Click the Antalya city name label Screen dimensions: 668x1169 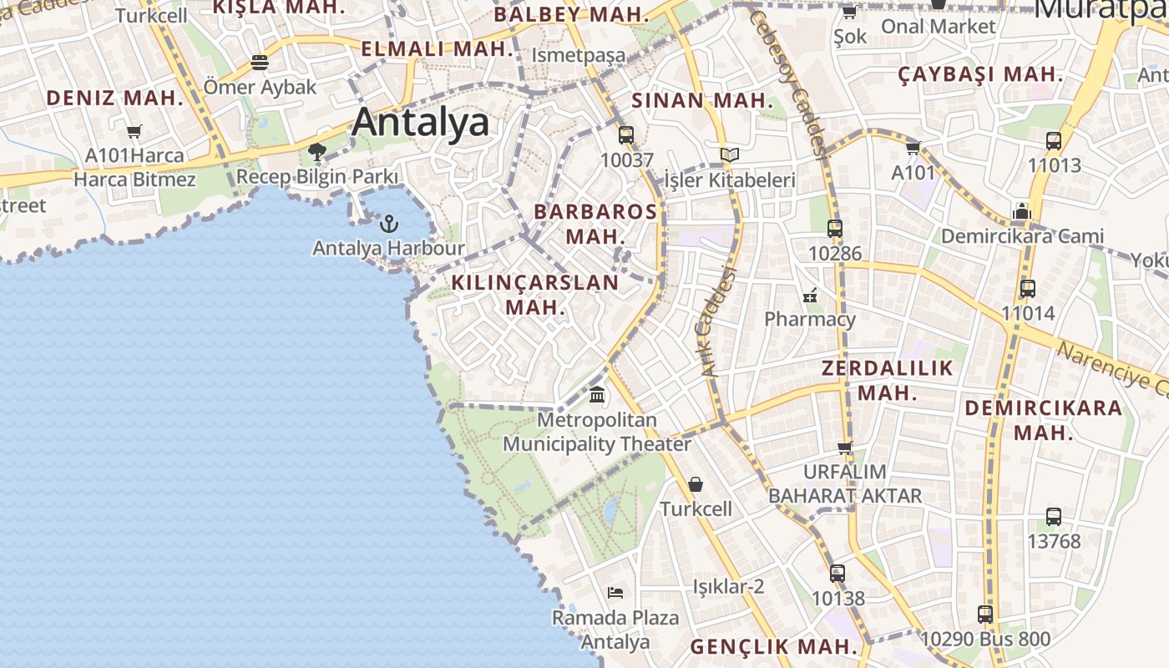point(420,122)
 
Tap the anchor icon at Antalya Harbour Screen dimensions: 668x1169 point(388,224)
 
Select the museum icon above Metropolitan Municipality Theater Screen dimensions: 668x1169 point(597,394)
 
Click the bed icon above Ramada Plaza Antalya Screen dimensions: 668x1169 point(615,593)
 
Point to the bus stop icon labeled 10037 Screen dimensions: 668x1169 point(625,135)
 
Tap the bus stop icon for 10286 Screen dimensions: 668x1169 point(834,229)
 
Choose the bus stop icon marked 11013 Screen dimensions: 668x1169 point(1054,141)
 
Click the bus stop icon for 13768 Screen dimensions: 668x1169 point(1054,517)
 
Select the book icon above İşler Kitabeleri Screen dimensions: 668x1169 point(730,155)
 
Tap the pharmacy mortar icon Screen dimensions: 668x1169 point(809,295)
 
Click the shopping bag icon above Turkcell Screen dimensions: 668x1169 point(695,484)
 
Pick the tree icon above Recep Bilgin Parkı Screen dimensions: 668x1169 point(316,152)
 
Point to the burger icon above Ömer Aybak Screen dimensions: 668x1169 point(260,63)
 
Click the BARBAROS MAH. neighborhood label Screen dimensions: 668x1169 point(595,224)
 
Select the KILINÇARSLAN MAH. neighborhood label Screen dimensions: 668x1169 point(535,295)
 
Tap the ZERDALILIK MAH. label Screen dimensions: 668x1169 point(887,380)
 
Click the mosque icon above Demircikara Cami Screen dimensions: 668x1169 point(1021,211)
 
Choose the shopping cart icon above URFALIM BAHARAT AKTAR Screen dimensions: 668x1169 point(845,448)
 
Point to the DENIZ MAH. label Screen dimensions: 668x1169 point(114,98)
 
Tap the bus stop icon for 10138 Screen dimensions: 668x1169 point(838,574)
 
